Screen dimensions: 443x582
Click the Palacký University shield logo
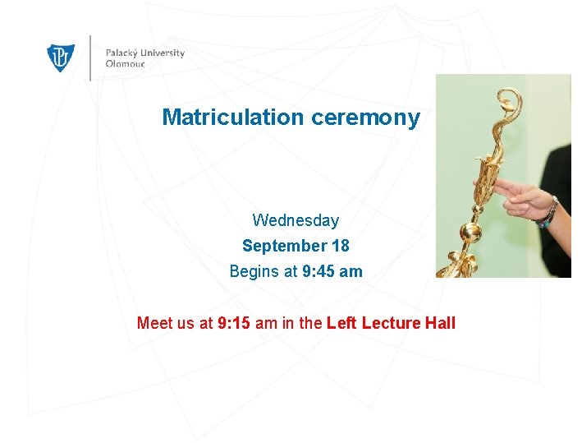pos(62,58)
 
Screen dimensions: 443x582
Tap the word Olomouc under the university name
pos(125,64)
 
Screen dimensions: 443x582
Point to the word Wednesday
pos(296,220)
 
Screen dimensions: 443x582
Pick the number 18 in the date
pos(340,246)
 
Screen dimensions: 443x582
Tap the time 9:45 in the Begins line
pos(318,271)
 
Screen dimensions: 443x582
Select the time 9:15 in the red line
pos(235,323)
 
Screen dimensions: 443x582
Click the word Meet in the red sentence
pos(154,323)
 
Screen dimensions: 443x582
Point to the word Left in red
pos(341,323)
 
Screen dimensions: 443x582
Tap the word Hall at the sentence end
pos(440,323)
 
